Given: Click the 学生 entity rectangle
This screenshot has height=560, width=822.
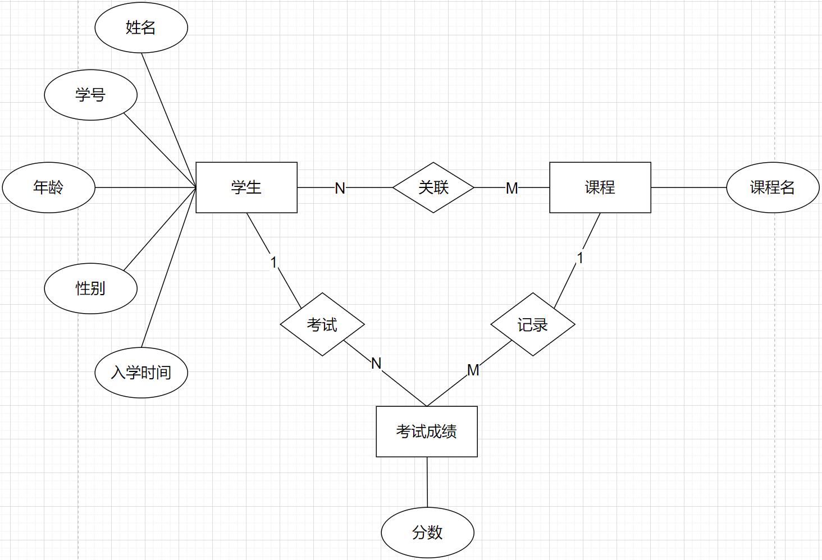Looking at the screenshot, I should (246, 187).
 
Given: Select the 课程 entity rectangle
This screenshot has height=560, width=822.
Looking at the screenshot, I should (600, 187).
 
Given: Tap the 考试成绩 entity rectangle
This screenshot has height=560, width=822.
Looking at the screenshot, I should (426, 432).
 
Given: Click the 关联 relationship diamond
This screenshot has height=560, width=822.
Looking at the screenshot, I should (433, 187).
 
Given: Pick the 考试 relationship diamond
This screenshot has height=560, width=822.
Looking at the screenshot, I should (322, 324).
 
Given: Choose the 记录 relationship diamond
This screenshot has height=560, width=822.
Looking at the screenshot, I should (532, 324).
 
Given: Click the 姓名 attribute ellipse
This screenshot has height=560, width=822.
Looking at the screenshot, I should (141, 27).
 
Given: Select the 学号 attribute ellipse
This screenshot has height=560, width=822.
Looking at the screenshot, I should (90, 95).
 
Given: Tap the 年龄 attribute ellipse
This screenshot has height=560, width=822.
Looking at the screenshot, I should (48, 187).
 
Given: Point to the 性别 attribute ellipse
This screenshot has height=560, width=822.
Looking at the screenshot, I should (90, 288).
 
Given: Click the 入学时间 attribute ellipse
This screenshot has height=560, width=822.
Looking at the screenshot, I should (141, 373).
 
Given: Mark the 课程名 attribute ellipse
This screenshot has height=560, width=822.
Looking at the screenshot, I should (773, 187).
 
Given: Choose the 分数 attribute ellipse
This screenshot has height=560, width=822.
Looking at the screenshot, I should (427, 533).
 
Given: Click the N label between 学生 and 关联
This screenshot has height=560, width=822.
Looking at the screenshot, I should (340, 189).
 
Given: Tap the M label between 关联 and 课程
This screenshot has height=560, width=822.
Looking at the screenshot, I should (512, 189).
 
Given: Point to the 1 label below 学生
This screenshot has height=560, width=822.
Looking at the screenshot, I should (273, 262).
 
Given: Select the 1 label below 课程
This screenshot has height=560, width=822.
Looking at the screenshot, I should (580, 258).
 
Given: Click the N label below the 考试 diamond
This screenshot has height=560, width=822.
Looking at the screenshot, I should (376, 364).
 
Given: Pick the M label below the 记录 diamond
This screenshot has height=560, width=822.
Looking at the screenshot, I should (473, 370).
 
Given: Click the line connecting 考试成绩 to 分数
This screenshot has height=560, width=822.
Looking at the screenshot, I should (427, 483).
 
